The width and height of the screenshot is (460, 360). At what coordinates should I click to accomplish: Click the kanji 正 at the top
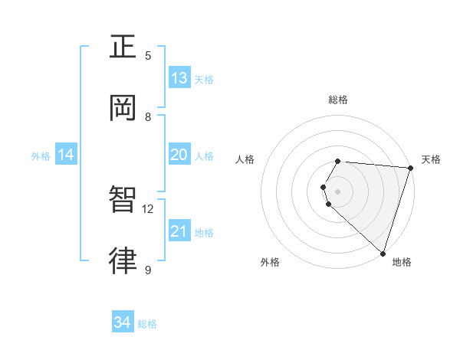click(x=123, y=47)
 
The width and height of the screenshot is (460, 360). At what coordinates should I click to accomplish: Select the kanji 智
click(x=123, y=201)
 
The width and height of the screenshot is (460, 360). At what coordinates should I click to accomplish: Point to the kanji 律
click(x=123, y=261)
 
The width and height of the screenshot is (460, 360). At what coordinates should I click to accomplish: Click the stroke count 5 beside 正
click(x=148, y=55)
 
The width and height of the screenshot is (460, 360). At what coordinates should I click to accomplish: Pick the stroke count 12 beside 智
click(x=148, y=208)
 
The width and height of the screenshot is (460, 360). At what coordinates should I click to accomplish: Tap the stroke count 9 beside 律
click(x=148, y=270)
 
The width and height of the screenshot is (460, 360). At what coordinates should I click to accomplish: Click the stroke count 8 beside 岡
click(x=148, y=116)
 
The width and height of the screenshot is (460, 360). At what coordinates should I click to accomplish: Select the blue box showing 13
click(x=179, y=78)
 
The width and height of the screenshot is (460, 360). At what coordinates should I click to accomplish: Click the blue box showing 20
click(x=179, y=155)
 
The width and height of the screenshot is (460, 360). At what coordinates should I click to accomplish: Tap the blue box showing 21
click(x=179, y=231)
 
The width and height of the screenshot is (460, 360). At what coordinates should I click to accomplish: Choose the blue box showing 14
click(x=65, y=155)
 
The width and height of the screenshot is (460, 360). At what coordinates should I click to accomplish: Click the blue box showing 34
click(x=123, y=323)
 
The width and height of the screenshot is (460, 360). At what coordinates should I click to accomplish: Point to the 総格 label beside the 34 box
click(x=147, y=325)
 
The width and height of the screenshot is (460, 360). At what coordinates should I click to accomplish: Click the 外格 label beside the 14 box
click(x=41, y=156)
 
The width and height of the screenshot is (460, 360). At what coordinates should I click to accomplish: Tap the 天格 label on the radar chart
click(x=431, y=159)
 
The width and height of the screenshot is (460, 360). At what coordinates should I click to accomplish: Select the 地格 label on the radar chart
click(x=402, y=262)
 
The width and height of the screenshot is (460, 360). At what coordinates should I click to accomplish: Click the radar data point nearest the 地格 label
click(x=383, y=253)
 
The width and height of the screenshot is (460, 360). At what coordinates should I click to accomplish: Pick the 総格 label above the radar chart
click(x=338, y=100)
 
